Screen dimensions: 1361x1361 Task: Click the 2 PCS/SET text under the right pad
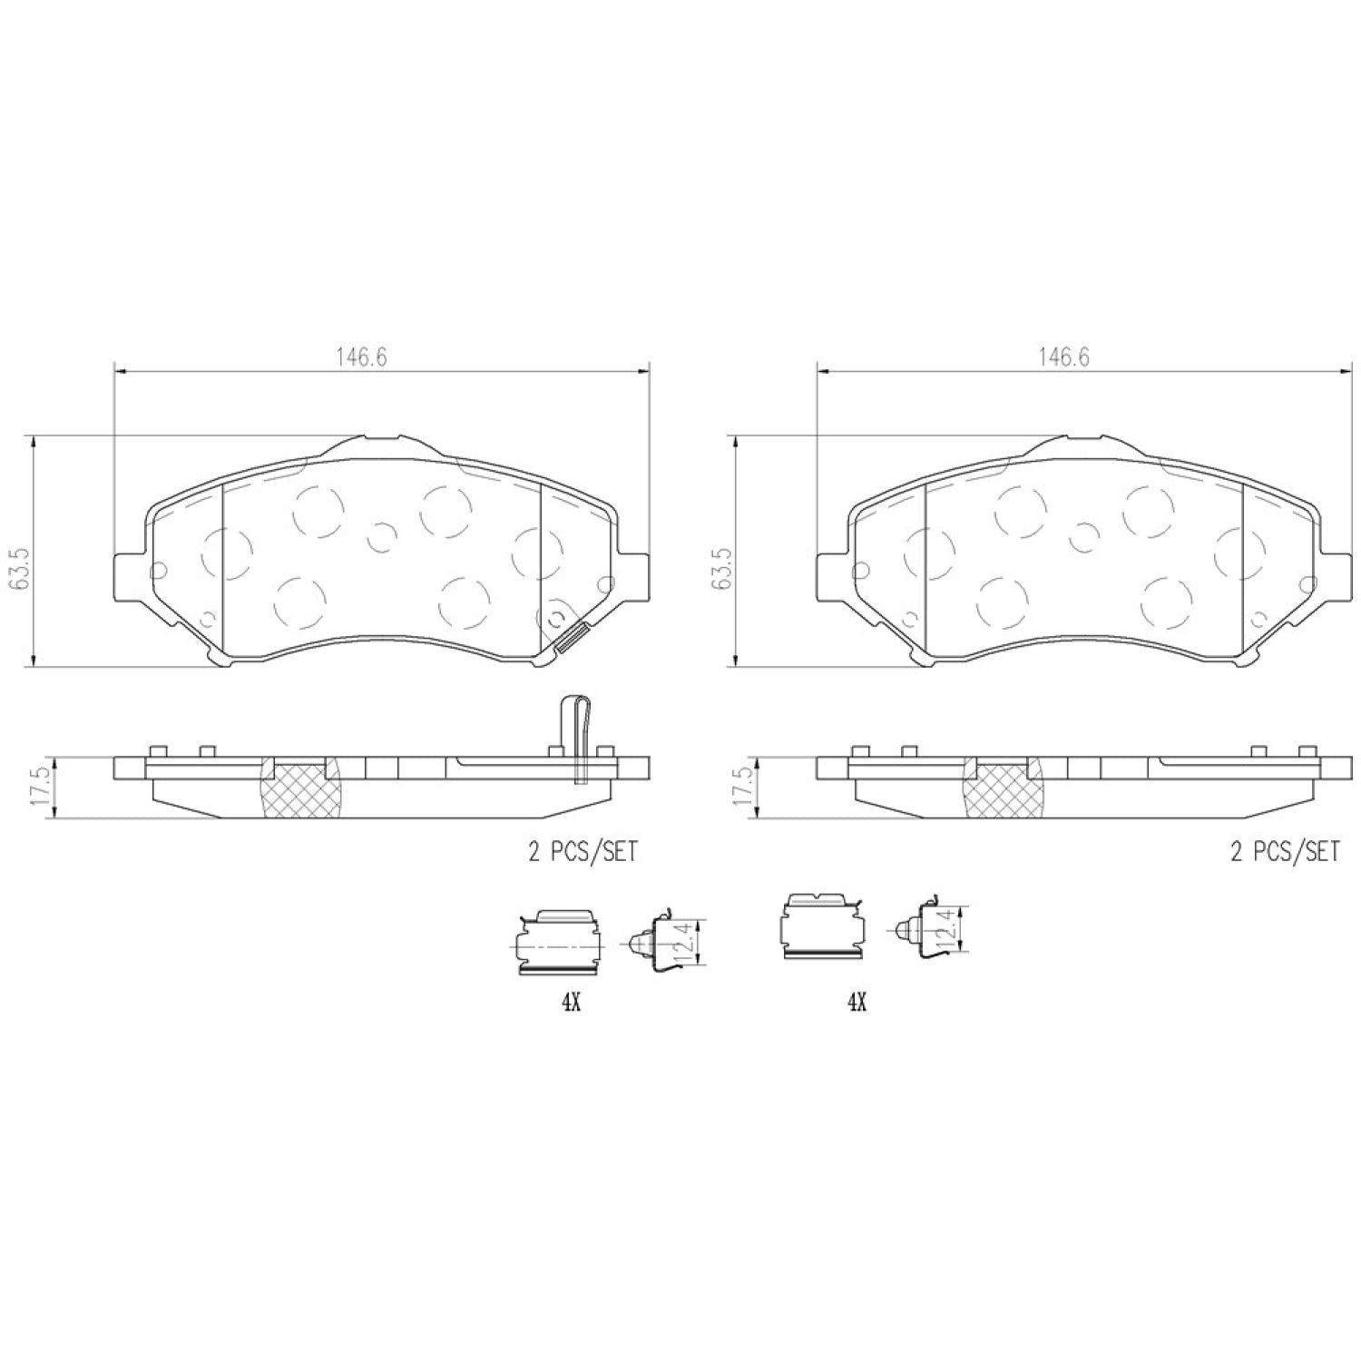pos(1284,851)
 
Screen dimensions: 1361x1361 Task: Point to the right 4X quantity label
pos(857,1002)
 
